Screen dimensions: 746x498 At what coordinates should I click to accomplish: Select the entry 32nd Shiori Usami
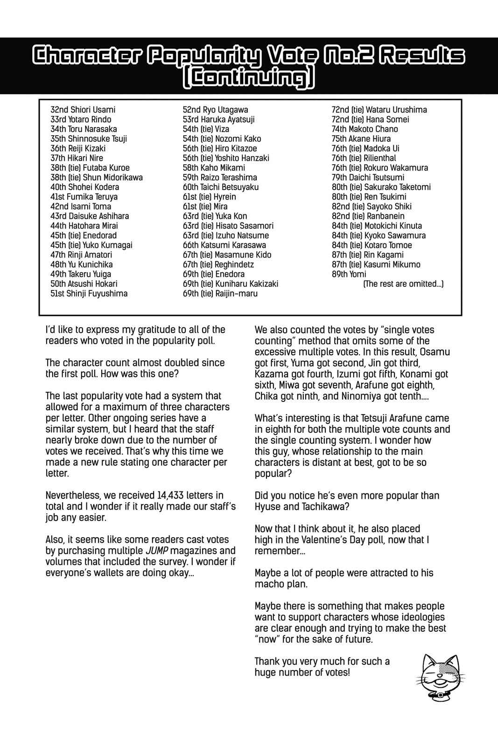[83, 110]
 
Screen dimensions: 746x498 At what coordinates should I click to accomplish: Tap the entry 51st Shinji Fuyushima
[89, 293]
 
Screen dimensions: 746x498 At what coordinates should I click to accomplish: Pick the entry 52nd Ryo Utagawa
[215, 110]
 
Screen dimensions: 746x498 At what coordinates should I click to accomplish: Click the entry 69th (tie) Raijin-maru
[220, 293]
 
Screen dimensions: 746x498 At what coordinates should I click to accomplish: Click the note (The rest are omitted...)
[403, 283]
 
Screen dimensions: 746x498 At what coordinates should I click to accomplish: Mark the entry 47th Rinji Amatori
[81, 255]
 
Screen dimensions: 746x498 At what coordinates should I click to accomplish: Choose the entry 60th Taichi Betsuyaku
[220, 187]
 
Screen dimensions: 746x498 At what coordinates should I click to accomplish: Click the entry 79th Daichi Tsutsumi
[368, 177]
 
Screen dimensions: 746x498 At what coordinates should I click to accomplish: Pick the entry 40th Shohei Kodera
[84, 187]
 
